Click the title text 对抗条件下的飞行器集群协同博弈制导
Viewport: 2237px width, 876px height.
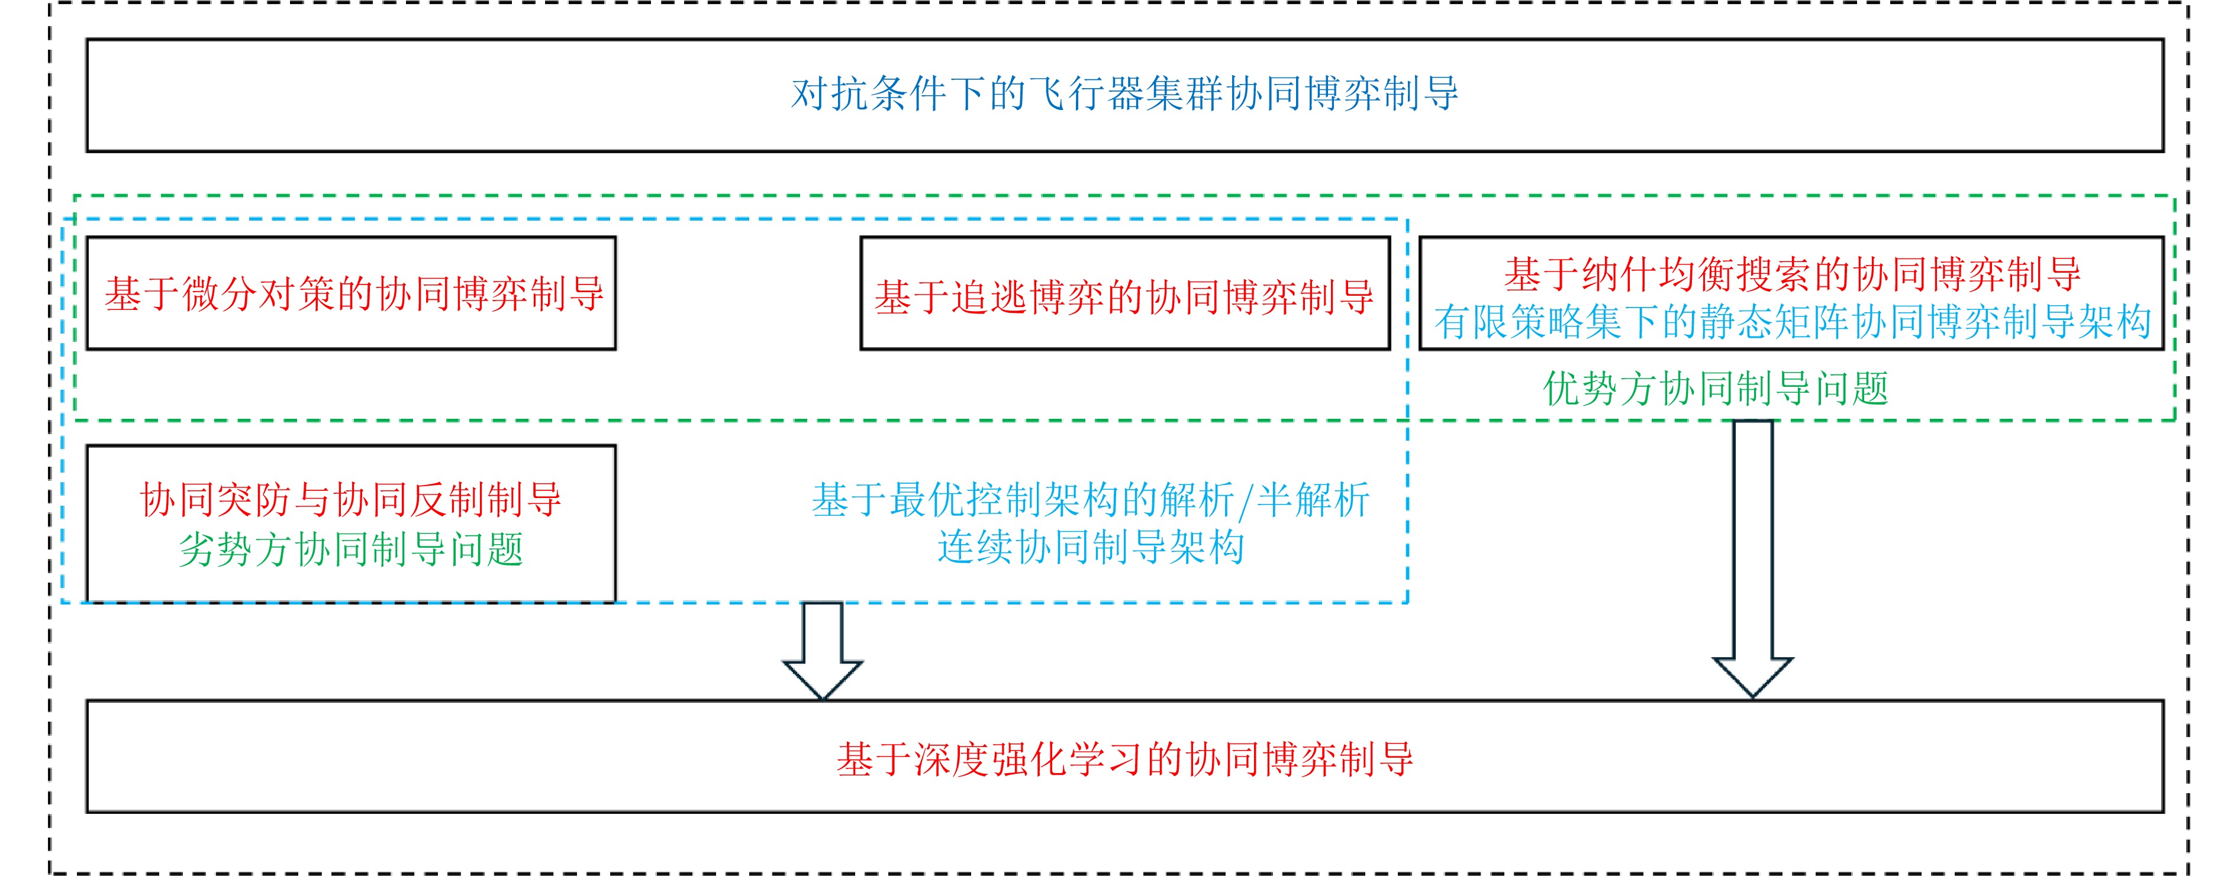click(1124, 95)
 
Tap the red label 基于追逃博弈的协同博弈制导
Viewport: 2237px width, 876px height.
click(1124, 298)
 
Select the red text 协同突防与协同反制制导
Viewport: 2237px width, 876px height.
click(351, 500)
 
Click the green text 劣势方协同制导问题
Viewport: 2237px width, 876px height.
click(351, 549)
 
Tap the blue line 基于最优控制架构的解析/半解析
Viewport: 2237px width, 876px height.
click(1090, 500)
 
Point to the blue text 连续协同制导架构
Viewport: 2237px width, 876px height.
click(1090, 548)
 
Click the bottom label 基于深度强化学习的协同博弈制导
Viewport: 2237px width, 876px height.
click(1124, 759)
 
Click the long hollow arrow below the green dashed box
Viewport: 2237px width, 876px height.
click(1752, 555)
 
